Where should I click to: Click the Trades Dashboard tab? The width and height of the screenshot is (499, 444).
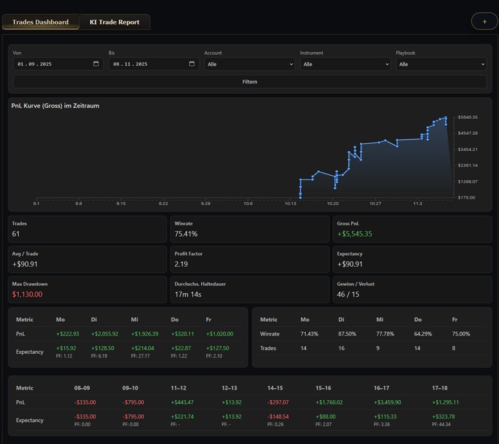(x=40, y=22)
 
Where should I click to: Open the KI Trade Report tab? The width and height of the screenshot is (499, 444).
(x=114, y=22)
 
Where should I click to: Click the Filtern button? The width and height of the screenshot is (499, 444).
(x=250, y=82)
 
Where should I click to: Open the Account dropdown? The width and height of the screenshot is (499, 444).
(x=250, y=64)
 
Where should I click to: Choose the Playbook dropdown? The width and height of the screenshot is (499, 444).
(x=441, y=64)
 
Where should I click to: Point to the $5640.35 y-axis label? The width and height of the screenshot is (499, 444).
(x=468, y=117)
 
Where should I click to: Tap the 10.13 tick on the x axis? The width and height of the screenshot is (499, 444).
(x=290, y=204)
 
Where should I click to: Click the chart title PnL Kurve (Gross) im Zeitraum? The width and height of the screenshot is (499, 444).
(x=55, y=106)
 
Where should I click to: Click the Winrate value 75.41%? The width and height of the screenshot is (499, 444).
(x=186, y=234)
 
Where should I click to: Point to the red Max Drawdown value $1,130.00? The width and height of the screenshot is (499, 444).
(x=27, y=294)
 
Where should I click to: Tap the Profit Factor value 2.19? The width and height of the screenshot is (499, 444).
(x=181, y=264)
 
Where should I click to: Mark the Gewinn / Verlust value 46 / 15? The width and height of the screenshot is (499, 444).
(x=348, y=294)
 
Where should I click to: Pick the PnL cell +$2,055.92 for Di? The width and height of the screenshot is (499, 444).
(x=105, y=334)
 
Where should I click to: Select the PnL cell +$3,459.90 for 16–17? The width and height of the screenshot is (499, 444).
(x=387, y=402)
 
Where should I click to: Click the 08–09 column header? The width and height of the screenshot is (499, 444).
(x=82, y=388)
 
